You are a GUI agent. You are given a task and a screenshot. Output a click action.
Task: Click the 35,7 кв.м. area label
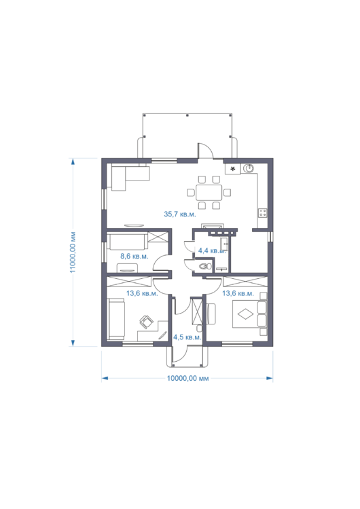[x=180, y=214]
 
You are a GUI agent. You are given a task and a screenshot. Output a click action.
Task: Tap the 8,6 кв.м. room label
[x=134, y=256]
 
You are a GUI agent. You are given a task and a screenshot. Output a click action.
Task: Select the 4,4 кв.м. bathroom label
[x=212, y=250]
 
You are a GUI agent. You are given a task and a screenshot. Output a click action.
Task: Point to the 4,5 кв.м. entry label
[x=187, y=337]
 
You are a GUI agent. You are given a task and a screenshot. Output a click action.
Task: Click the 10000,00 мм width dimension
[x=187, y=378]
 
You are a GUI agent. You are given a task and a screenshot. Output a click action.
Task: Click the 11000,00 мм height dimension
[x=73, y=252]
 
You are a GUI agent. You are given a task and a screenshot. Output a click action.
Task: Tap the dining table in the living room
[x=209, y=193]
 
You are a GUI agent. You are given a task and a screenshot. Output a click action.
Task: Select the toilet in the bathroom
[x=205, y=267]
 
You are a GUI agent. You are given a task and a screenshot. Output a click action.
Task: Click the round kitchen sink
[x=249, y=168]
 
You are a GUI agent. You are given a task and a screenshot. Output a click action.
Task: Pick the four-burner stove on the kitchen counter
[x=262, y=213]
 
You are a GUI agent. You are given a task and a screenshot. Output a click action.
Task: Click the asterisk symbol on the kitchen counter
[x=232, y=169]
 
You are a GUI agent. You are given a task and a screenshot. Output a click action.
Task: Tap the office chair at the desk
[x=146, y=322]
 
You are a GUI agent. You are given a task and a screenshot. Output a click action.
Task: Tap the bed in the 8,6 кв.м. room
[x=129, y=241]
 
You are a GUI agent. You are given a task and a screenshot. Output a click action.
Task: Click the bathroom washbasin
[x=224, y=244]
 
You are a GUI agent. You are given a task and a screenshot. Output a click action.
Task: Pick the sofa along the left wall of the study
[x=116, y=320]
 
